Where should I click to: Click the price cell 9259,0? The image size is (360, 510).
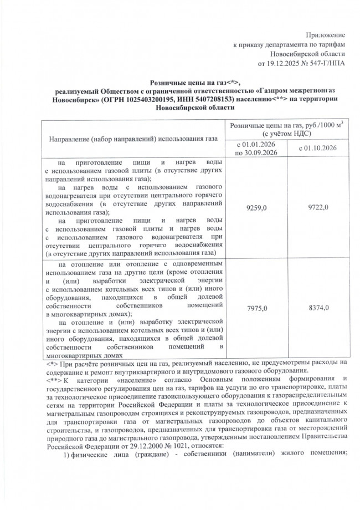(x=255, y=207)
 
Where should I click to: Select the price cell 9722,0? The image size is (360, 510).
(x=318, y=207)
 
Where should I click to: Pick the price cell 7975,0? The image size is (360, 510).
(x=255, y=308)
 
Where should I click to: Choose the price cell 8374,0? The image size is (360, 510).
(x=318, y=308)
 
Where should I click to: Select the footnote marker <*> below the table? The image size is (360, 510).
(x=51, y=364)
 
